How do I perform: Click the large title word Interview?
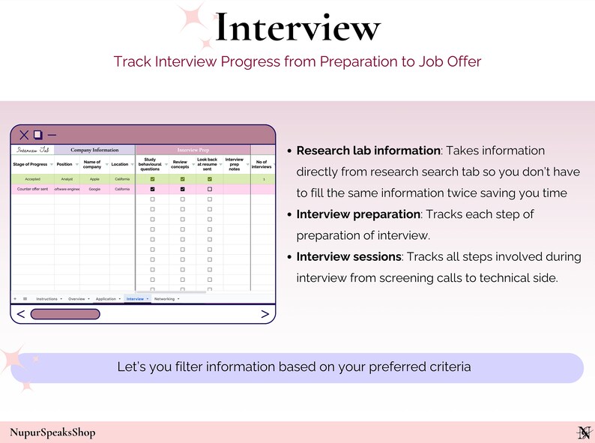[297, 28]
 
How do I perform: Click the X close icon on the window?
[24, 135]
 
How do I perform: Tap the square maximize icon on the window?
[37, 135]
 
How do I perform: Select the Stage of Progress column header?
[31, 164]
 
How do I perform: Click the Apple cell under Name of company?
[94, 180]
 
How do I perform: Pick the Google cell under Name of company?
[94, 190]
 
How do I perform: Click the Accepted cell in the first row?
[32, 180]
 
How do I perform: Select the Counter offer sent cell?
[32, 190]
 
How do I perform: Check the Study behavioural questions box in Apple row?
[153, 180]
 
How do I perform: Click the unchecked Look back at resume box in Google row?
[209, 190]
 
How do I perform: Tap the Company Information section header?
[94, 150]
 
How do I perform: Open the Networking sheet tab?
[164, 298]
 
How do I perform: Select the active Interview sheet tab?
[136, 298]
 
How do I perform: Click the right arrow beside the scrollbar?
[265, 314]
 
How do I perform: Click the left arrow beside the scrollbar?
[20, 314]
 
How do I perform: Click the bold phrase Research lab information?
[368, 151]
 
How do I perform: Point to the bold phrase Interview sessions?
[348, 256]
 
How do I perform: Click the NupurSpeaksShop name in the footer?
[52, 432]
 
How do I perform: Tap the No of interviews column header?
[262, 164]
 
